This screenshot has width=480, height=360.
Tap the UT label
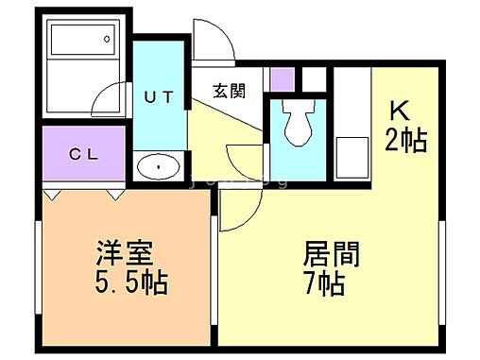tap(159, 95)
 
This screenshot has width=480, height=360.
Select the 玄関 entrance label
tap(228, 91)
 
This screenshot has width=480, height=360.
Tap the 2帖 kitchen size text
tap(405, 141)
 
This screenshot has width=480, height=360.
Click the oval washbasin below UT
tap(159, 168)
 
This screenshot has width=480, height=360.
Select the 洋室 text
tap(124, 255)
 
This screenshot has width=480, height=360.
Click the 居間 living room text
tap(331, 255)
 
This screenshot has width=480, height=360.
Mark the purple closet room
tap(84, 154)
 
